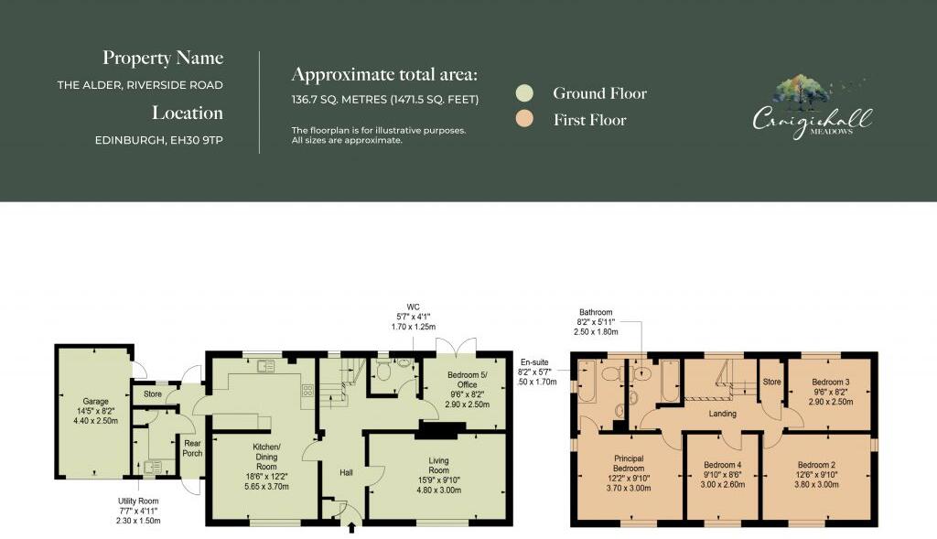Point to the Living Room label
coord(438,461)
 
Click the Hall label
coord(346,472)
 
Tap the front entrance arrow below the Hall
coord(351,528)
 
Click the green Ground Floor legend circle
coord(524,93)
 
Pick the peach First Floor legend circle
coord(524,120)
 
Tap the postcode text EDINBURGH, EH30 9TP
coord(158,141)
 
